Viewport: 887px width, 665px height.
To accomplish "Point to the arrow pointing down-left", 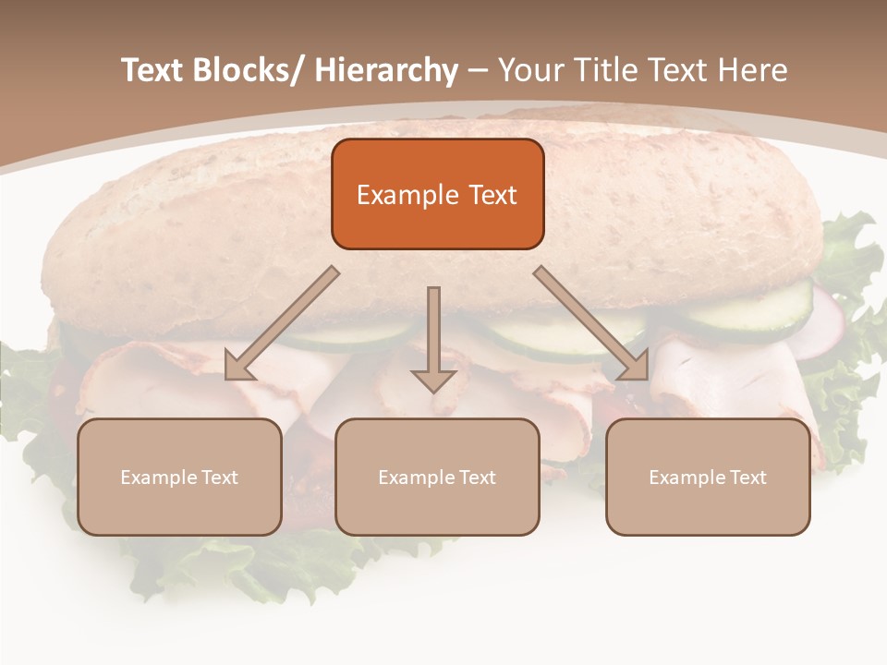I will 282,323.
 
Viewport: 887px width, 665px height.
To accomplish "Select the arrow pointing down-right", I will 591,323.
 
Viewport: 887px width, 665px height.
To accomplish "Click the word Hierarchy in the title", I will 386,70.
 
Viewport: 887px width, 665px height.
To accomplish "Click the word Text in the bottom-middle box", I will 477,478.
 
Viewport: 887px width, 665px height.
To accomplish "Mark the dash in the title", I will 478,70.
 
